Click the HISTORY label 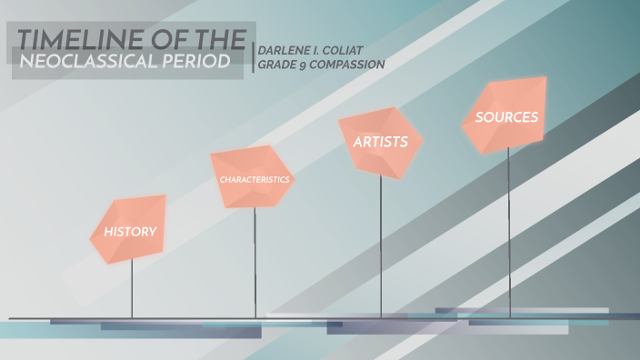[130, 231]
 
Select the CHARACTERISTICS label [255, 179]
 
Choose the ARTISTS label [375, 142]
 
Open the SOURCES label [506, 117]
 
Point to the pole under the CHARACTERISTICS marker [255, 264]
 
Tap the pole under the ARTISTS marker [381, 245]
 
